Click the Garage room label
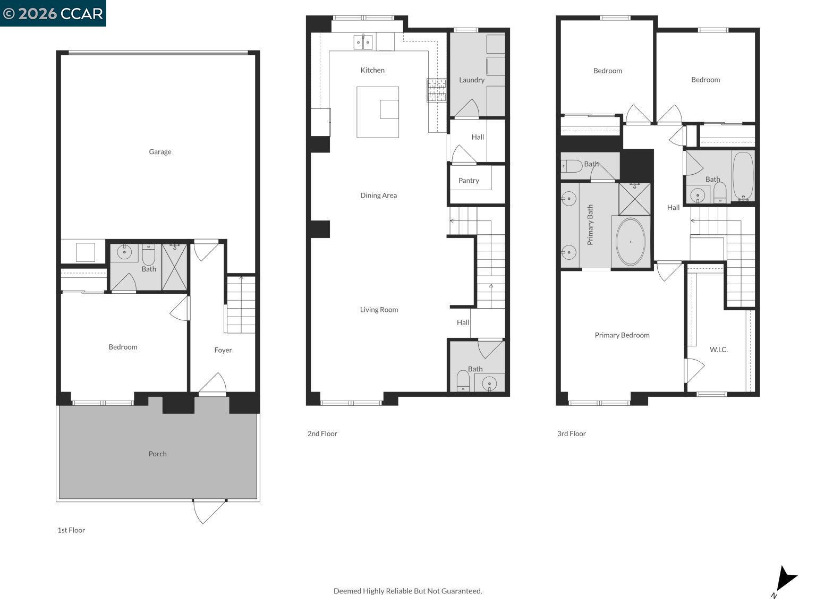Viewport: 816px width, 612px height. pyautogui.click(x=160, y=152)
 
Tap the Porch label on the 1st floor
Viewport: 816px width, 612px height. pyautogui.click(x=157, y=454)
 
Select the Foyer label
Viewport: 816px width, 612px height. pyautogui.click(x=223, y=350)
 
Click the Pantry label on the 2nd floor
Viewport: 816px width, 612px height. pyautogui.click(x=469, y=181)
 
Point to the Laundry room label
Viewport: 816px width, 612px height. pyautogui.click(x=472, y=80)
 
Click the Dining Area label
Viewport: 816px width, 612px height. pyautogui.click(x=378, y=195)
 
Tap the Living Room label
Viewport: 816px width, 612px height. pyautogui.click(x=379, y=310)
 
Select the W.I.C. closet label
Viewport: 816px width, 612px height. pyautogui.click(x=718, y=350)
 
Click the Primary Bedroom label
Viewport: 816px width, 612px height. pyautogui.click(x=622, y=335)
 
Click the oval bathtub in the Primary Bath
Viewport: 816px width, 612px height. pyautogui.click(x=631, y=242)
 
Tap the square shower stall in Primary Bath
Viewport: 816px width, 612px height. pyautogui.click(x=634, y=199)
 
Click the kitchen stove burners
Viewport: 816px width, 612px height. pyautogui.click(x=436, y=90)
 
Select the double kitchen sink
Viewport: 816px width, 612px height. pyautogui.click(x=363, y=41)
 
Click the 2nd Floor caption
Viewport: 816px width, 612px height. pyautogui.click(x=322, y=433)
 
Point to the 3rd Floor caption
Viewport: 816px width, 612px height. pyautogui.click(x=571, y=433)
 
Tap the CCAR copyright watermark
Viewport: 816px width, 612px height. pyautogui.click(x=53, y=13)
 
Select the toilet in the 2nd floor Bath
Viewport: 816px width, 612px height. pyautogui.click(x=463, y=380)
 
